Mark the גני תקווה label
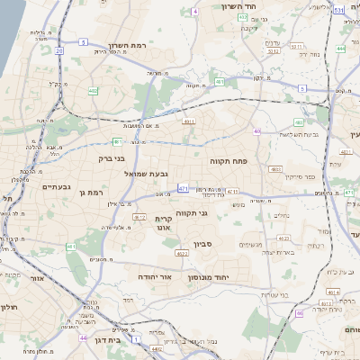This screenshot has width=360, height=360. tap(186, 212)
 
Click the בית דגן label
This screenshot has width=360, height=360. tap(110, 340)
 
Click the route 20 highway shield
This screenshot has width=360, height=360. tap(59, 51)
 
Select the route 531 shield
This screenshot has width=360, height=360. tap(338, 10)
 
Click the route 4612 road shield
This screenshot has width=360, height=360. tap(139, 217)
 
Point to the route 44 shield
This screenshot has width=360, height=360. tap(83, 338)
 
